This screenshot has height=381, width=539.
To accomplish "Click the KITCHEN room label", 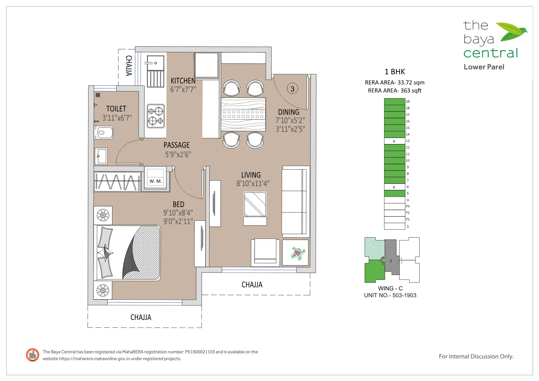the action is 183,81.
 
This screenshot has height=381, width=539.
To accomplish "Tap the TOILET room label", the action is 116,109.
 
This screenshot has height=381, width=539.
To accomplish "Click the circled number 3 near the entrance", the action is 292,89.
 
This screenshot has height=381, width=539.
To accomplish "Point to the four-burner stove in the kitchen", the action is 156,116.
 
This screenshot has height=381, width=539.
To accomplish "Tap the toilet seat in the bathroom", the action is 104,133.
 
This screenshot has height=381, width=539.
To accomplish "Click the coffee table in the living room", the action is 255,209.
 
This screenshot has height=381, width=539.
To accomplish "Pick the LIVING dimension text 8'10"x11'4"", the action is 253,184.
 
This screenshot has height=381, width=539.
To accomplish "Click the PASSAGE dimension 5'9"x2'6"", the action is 178,155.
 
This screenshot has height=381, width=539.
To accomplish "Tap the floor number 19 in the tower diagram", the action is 408,101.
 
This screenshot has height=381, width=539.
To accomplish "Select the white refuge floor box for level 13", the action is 394,141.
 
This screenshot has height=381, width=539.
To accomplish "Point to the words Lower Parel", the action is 484,67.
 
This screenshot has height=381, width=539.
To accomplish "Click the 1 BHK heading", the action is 395,72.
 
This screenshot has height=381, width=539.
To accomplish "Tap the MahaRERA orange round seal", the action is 33,355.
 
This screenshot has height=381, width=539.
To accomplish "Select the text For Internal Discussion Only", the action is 476,357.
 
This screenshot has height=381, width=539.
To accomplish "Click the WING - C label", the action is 390,288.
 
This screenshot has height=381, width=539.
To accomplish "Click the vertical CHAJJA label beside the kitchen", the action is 129,66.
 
